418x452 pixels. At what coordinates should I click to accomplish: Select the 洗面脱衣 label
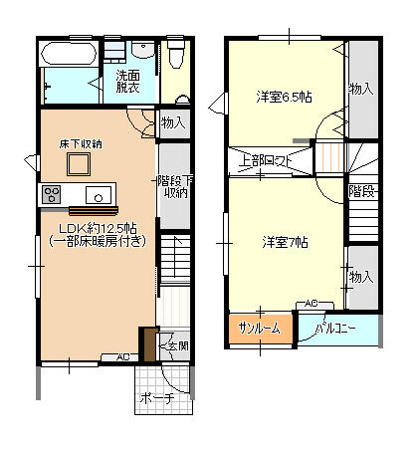point(126,82)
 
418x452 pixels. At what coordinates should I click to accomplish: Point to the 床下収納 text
point(80,144)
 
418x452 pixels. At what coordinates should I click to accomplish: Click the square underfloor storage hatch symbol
point(79,166)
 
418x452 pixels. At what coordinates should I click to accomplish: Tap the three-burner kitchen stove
point(52,192)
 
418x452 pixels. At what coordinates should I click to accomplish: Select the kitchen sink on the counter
point(99,193)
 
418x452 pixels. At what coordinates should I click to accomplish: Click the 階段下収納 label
point(175,186)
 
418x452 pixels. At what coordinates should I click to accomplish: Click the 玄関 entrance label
point(175,345)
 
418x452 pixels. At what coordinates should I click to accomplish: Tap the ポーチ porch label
point(157,398)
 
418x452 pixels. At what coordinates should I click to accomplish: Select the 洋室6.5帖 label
point(284,97)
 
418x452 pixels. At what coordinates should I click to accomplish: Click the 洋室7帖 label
point(285,242)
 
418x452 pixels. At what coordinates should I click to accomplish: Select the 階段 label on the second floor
point(361,191)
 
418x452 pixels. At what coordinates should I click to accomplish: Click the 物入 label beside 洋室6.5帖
point(361,90)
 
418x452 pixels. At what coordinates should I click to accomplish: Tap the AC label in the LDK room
point(123,356)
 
